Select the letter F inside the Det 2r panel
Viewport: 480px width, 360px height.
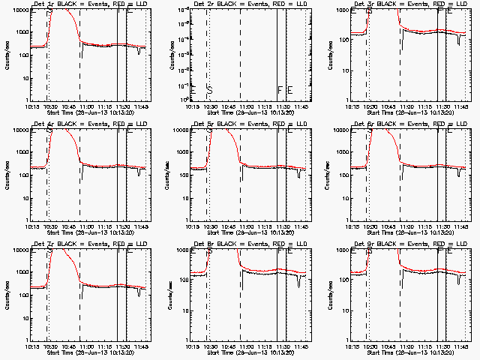pos(280,91)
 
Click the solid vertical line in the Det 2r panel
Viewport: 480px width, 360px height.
pos(277,52)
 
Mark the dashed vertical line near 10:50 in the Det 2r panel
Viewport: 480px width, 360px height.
pos(240,52)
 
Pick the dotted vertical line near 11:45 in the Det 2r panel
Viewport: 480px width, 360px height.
pos(304,52)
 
